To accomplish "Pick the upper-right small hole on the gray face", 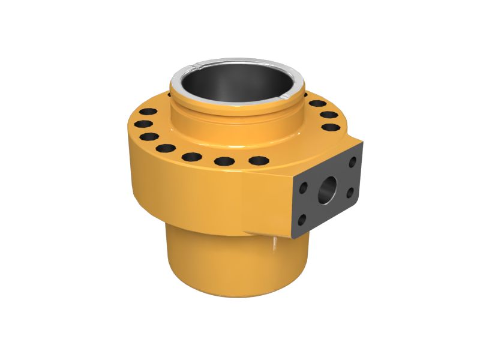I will pyautogui.click(x=352, y=161).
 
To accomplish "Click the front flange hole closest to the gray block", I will pyautogui.click(x=258, y=160).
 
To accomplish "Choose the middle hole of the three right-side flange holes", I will pyautogui.click(x=329, y=115).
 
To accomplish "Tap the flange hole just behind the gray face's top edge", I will pyautogui.click(x=331, y=127).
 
